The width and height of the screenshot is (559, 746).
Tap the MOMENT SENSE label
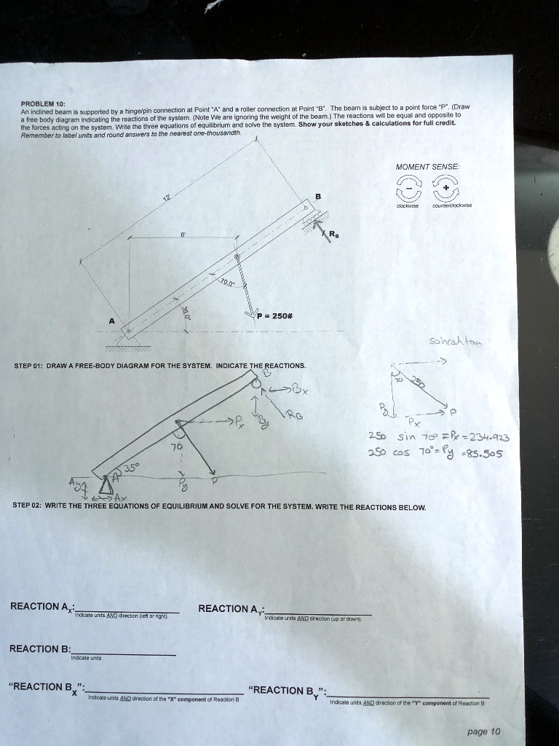tap(427, 167)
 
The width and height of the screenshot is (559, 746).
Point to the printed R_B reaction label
tap(333, 235)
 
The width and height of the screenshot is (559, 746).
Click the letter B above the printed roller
tap(317, 195)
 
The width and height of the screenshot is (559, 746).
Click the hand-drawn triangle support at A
tap(108, 482)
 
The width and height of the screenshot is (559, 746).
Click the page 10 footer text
tap(485, 731)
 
